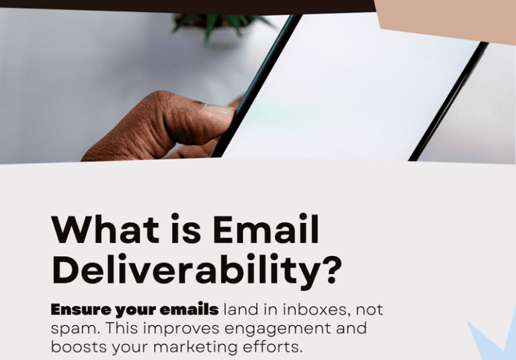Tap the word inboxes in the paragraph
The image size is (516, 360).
(315, 310)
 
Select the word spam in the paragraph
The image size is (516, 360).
(69, 330)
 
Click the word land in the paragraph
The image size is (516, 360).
(239, 310)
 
